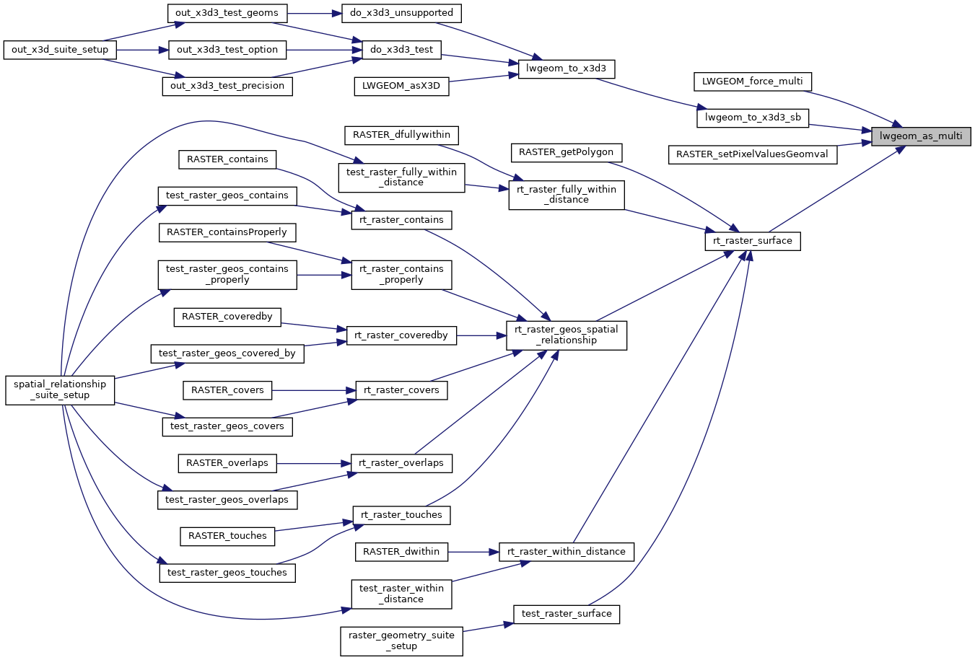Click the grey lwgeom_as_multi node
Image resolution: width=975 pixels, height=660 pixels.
921,136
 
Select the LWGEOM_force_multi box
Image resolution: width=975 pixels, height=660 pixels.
752,82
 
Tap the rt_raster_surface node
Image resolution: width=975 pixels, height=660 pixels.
752,241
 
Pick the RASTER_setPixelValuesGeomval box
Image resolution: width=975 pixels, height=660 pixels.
752,154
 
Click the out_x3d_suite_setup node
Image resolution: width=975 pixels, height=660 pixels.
60,50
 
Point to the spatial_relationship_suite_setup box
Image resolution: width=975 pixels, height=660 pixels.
60,390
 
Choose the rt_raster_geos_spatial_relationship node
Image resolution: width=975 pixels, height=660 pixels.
566,335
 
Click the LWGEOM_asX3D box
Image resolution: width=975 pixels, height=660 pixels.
401,86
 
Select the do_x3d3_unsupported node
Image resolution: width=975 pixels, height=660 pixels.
401,13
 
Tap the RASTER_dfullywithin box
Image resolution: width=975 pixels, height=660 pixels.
401,135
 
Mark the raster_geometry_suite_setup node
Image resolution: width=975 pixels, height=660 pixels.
401,641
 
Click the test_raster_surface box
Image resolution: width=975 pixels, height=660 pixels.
567,614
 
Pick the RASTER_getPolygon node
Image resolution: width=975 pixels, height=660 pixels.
566,152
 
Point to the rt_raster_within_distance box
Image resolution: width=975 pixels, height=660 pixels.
567,552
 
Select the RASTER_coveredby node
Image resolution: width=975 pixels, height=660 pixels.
227,317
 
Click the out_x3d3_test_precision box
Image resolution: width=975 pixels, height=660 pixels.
227,86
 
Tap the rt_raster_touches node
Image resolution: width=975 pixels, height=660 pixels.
401,515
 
